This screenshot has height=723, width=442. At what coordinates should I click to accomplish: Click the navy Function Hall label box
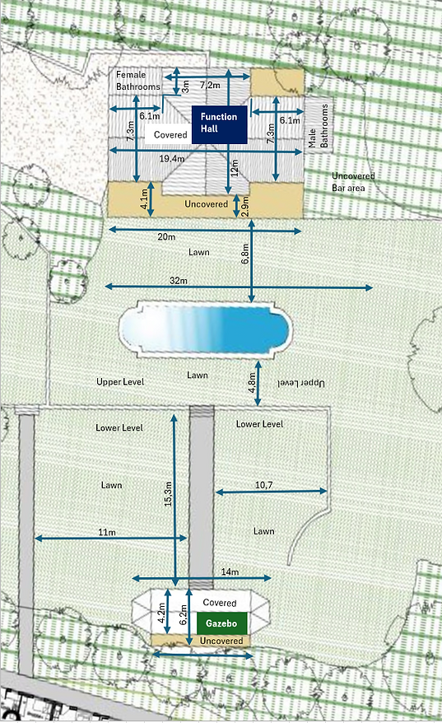[219, 125]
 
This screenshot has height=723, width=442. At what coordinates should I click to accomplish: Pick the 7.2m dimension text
[210, 85]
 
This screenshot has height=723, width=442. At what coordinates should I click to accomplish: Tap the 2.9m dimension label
[244, 206]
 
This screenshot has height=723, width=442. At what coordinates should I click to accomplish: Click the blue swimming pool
[206, 330]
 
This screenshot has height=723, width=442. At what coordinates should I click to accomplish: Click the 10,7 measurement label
[263, 486]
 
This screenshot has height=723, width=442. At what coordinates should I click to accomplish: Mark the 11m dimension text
[106, 533]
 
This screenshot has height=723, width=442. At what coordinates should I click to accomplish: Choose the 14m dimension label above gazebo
[229, 571]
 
